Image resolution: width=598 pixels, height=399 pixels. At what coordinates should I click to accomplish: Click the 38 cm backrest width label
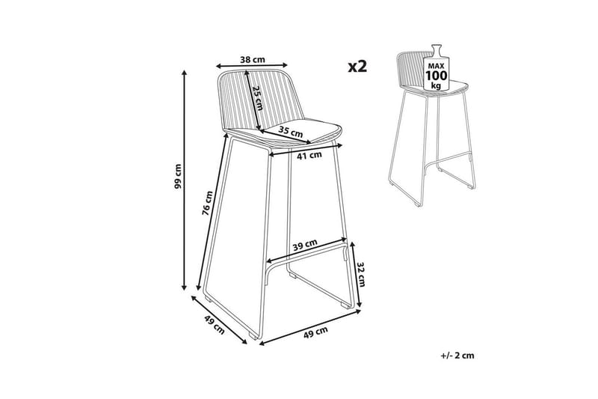tap(252, 60)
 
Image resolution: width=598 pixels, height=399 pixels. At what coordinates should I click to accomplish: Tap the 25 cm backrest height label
tap(258, 98)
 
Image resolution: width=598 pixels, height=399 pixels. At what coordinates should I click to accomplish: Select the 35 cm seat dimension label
tap(291, 131)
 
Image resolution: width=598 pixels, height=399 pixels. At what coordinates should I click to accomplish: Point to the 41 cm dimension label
tap(309, 155)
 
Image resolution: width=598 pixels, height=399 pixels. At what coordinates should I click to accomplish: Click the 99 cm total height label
tap(177, 176)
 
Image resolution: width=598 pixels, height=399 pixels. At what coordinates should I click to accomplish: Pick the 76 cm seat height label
tap(207, 203)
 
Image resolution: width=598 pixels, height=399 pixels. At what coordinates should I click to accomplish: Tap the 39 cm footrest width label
tap(305, 245)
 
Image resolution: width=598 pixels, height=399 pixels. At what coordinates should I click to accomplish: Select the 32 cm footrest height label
tap(361, 274)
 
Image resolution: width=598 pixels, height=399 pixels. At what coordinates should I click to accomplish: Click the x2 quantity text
tap(357, 67)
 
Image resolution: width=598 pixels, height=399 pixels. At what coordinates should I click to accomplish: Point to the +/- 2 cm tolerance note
tap(457, 356)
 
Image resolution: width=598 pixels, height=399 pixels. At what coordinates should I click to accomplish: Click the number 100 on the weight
tap(437, 75)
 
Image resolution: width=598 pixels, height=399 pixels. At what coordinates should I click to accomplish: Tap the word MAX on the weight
tap(437, 64)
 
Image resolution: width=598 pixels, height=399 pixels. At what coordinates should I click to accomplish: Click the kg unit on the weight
tap(436, 85)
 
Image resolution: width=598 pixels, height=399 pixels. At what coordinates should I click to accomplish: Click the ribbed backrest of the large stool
tap(259, 100)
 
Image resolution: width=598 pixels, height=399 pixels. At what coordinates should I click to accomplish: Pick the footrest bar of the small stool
tap(447, 160)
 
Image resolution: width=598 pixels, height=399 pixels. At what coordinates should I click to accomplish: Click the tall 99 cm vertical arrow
tap(185, 180)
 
